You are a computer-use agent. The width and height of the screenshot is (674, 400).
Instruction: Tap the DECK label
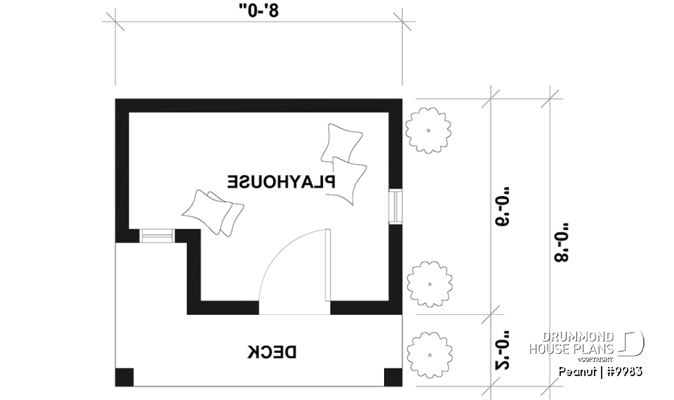(x=274, y=351)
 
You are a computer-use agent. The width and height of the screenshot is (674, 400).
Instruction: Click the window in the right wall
(x=397, y=205)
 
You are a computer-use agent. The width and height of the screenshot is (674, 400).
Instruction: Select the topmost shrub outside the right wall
(x=428, y=130)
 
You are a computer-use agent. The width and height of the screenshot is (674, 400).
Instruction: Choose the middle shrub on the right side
(x=428, y=282)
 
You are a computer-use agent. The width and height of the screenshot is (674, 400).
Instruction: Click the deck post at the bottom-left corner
(x=124, y=377)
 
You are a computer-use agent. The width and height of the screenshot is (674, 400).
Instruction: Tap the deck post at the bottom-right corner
(x=394, y=377)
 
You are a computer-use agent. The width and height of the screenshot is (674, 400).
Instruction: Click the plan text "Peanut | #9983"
(x=600, y=370)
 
